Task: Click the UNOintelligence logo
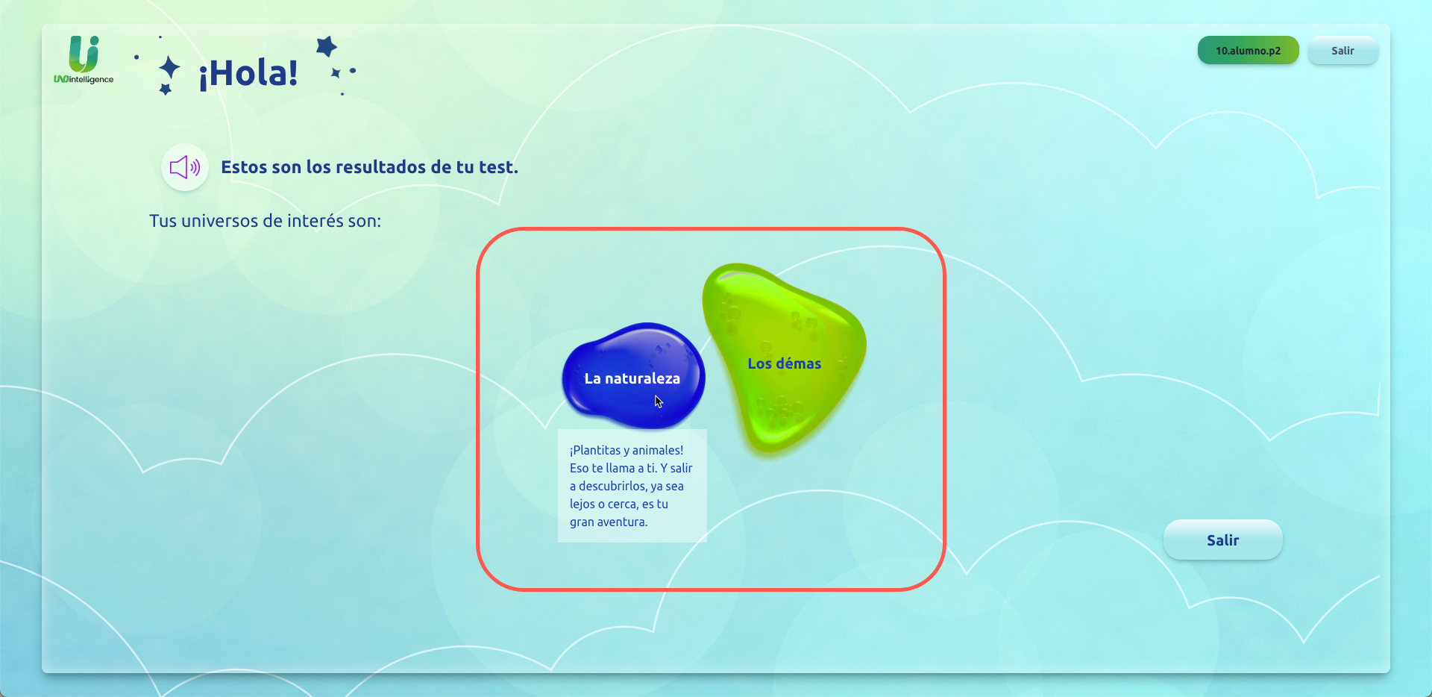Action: [84, 60]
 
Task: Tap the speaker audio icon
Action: [184, 167]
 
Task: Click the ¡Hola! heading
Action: [248, 73]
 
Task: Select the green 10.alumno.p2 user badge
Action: [1248, 51]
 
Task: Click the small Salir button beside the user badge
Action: [1342, 51]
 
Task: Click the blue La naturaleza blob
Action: [632, 378]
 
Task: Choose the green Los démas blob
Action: [785, 363]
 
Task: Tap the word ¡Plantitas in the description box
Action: [595, 450]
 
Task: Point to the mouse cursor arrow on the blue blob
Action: [659, 401]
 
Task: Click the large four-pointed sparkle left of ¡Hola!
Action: [169, 68]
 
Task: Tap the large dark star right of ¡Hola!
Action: [326, 46]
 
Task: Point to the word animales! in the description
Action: [659, 450]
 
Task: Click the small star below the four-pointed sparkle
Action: [166, 90]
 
